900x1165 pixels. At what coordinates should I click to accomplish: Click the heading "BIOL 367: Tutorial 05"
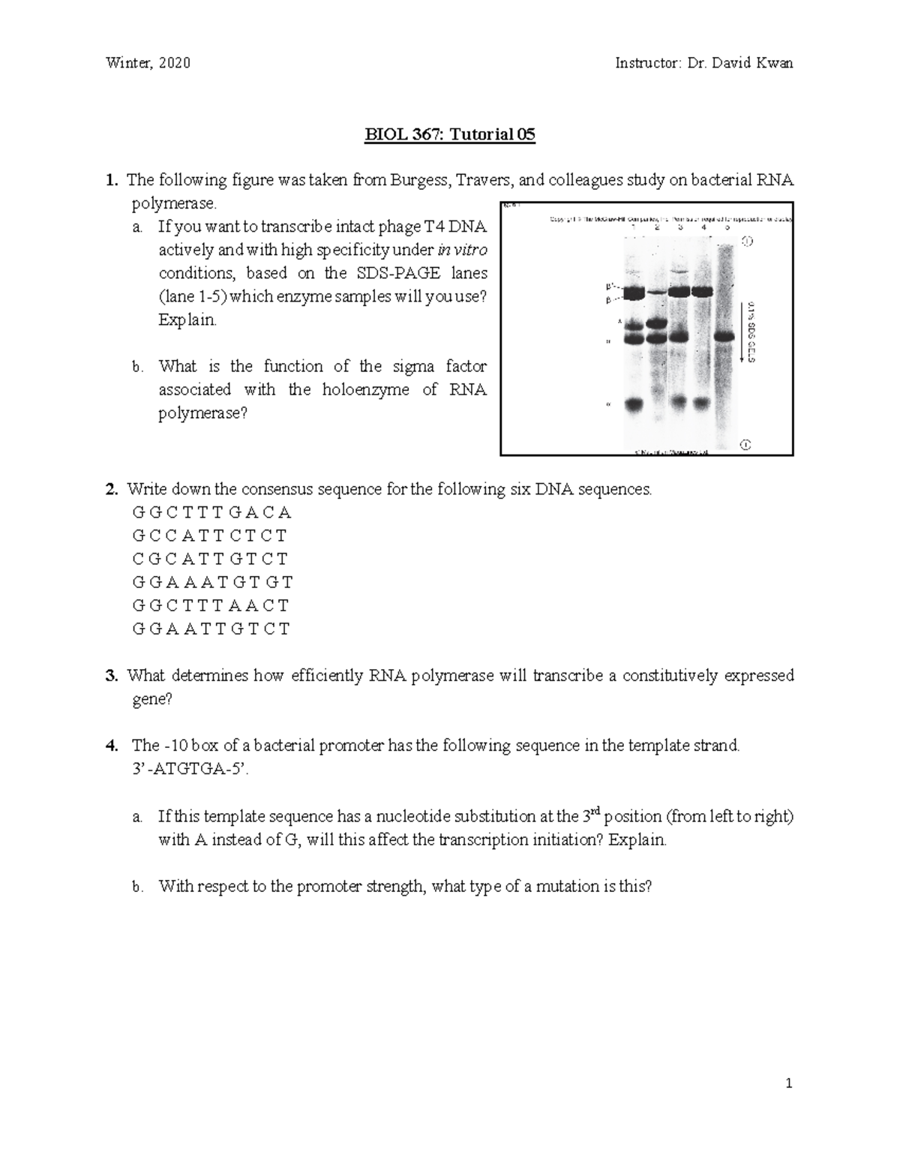[450, 135]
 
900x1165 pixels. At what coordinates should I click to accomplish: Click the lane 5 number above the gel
[727, 227]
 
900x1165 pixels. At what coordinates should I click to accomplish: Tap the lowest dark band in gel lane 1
[634, 404]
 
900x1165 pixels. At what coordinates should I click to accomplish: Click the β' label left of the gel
[610, 286]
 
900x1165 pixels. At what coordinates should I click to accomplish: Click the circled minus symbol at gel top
[746, 242]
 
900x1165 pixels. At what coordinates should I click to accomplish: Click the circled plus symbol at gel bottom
[745, 444]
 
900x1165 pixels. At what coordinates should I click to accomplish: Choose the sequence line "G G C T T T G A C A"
[211, 513]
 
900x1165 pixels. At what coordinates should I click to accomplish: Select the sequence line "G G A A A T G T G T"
[212, 582]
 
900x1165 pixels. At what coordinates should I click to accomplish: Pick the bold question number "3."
[112, 676]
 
